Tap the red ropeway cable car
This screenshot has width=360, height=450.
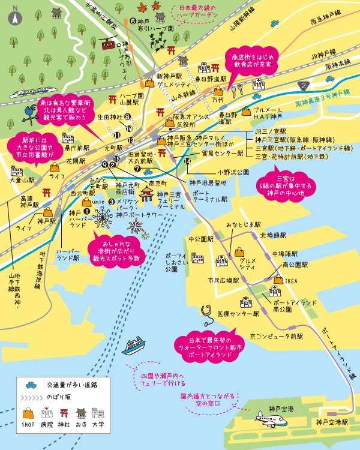click(x=109, y=44)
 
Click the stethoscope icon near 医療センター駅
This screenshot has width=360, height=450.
click(x=207, y=311)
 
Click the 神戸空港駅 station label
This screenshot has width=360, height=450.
click(x=332, y=422)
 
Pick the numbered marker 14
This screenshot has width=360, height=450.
click(x=188, y=161)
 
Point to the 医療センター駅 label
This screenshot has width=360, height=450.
click(x=238, y=313)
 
